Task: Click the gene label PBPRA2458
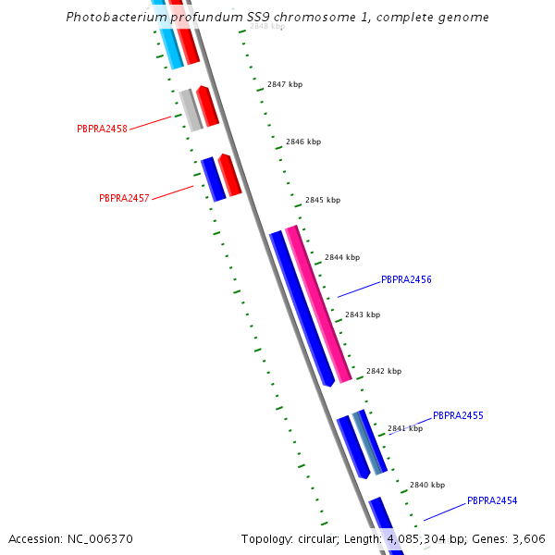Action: [x=102, y=129]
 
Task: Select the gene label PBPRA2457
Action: [x=124, y=198]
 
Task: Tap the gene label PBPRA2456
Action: [x=406, y=279]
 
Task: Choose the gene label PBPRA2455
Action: [x=458, y=416]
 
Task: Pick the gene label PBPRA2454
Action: [x=492, y=501]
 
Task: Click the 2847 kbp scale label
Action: [x=285, y=84]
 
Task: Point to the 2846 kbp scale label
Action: [x=303, y=142]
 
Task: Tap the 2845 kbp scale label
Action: [x=323, y=200]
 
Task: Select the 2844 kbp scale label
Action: [x=342, y=257]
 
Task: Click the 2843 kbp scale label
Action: [x=363, y=314]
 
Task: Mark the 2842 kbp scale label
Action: [x=384, y=371]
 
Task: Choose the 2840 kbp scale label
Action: [x=427, y=485]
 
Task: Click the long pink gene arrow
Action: [x=318, y=303]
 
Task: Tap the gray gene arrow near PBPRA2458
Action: [x=191, y=110]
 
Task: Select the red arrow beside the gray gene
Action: [x=207, y=105]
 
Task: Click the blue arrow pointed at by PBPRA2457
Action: [x=214, y=179]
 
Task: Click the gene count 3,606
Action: [x=529, y=538]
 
